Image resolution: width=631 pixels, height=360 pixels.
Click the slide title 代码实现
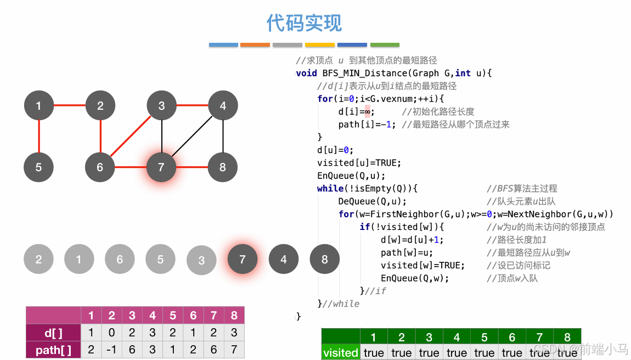point(304,23)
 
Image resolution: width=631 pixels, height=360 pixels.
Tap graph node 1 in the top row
point(39,105)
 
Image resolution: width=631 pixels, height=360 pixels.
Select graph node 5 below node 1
point(39,167)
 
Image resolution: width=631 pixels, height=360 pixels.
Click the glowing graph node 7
point(161,167)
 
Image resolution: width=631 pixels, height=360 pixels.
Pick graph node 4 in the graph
point(223,105)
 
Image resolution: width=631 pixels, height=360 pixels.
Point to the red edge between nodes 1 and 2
point(70,105)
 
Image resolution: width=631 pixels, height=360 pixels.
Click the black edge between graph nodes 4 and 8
point(223,136)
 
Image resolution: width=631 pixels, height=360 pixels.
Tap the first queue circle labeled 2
point(38,259)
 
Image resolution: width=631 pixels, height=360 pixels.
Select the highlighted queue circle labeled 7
point(243,260)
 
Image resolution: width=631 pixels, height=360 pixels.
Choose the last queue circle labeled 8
point(324,260)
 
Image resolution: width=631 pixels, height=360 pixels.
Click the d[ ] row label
point(53,333)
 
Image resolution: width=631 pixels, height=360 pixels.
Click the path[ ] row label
point(53,350)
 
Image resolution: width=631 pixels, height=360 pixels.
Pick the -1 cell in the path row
point(112,350)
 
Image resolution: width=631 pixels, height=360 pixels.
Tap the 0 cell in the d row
point(112,333)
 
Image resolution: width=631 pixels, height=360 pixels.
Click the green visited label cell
point(340,352)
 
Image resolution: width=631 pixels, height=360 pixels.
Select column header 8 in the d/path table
point(234,316)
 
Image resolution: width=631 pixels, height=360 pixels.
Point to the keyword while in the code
point(330,188)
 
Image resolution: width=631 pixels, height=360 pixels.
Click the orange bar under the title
point(255,44)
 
